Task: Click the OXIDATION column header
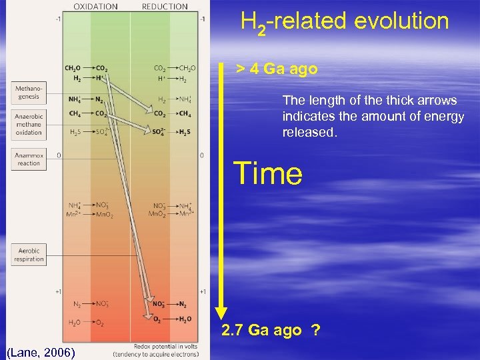coord(95,7)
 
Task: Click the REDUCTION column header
coord(165,7)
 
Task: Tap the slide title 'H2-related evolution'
coord(345,22)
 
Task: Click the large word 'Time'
coord(267,173)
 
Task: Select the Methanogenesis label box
coord(28,92)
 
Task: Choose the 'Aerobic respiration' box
coord(28,255)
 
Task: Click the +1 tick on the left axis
coord(59,291)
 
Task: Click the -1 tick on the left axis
coord(59,19)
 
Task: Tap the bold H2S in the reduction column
coord(184,131)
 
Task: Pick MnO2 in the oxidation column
coord(104,214)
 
